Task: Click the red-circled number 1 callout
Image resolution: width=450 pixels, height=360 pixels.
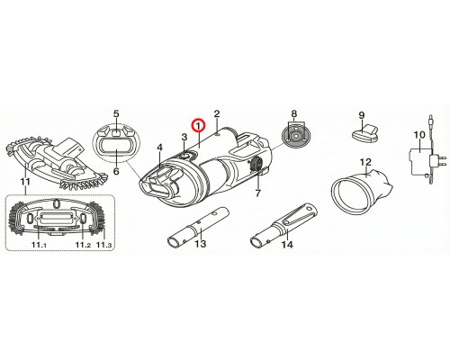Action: (x=198, y=126)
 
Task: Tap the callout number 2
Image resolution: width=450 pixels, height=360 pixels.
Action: (x=217, y=113)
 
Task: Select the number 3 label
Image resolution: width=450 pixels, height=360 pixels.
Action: (x=184, y=137)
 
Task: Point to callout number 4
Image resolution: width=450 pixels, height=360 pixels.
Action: (x=159, y=148)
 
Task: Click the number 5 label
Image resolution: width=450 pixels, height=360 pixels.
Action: (x=116, y=113)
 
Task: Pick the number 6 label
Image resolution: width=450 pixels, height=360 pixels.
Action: (x=116, y=171)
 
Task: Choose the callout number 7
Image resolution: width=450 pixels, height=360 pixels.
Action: (x=258, y=193)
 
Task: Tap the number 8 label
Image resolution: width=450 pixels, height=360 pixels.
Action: (x=294, y=113)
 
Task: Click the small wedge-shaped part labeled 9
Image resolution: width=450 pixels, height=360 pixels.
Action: (x=364, y=133)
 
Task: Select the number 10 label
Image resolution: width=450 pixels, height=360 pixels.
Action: (x=419, y=135)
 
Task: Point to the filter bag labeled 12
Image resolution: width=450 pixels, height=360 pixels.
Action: (x=362, y=188)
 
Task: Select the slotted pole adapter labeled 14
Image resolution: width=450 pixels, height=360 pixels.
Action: (x=283, y=226)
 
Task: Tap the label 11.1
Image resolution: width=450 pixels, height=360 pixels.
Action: (x=39, y=245)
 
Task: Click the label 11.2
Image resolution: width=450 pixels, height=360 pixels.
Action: (x=83, y=245)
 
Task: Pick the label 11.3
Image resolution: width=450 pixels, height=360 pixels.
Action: (x=104, y=245)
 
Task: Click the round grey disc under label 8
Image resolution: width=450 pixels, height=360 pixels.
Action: (x=294, y=136)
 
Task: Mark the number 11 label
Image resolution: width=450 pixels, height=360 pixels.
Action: (x=25, y=182)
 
